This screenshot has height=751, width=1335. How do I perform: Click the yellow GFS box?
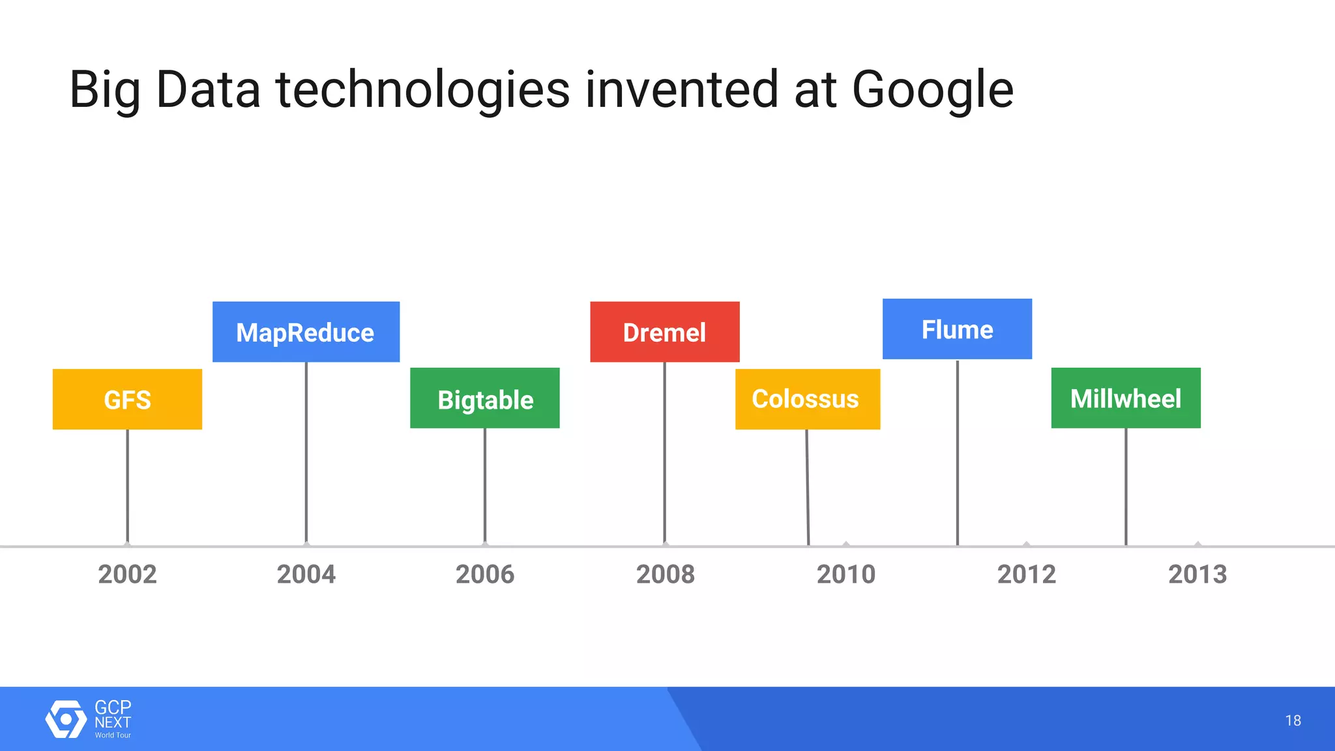pos(127,399)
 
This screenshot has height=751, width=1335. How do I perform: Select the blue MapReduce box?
pos(306,332)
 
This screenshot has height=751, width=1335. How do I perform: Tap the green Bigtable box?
pos(485,398)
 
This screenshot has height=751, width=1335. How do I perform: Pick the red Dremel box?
pos(664,332)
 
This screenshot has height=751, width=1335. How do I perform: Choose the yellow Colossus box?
pos(807,399)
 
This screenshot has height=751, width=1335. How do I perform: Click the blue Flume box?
pos(957,329)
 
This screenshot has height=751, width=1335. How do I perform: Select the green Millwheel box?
pos(1126,398)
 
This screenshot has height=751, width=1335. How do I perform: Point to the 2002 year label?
pos(128,574)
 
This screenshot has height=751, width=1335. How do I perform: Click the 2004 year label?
pos(306,574)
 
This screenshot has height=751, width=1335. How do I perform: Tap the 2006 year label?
pos(485,574)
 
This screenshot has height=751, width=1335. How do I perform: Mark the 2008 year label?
pos(666,574)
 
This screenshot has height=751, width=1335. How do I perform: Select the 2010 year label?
pos(846,574)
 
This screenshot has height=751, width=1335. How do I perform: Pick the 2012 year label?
pos(1027,574)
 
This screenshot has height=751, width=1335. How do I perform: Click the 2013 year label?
pos(1197,574)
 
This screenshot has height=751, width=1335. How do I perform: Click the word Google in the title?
pos(933,90)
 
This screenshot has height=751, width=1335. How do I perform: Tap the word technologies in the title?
pos(423,90)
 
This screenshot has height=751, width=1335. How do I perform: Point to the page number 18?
pos(1293,720)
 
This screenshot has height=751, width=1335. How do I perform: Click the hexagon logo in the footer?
pos(65,719)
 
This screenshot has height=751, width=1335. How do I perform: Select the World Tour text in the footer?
pos(113,735)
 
